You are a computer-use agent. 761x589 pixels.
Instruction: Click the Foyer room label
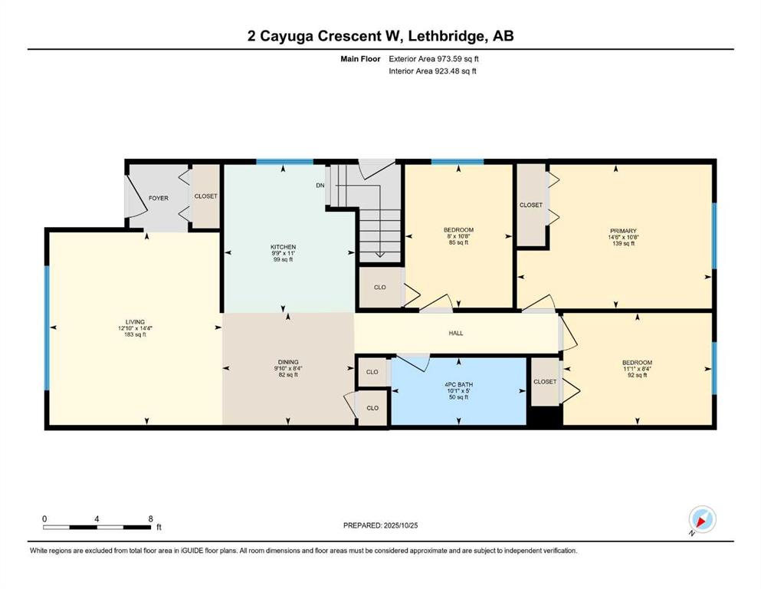click(158, 198)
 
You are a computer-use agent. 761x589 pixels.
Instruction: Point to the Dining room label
click(288, 361)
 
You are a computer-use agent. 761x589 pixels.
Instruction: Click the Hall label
click(455, 333)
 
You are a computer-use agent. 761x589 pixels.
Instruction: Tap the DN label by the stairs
click(320, 185)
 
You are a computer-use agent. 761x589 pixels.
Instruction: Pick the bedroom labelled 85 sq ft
click(458, 229)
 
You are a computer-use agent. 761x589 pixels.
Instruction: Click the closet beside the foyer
click(205, 196)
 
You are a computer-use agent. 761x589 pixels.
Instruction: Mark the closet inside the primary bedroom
click(530, 205)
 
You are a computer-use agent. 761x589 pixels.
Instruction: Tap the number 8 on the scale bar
click(150, 518)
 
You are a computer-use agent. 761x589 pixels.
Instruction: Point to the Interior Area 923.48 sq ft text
click(433, 71)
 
